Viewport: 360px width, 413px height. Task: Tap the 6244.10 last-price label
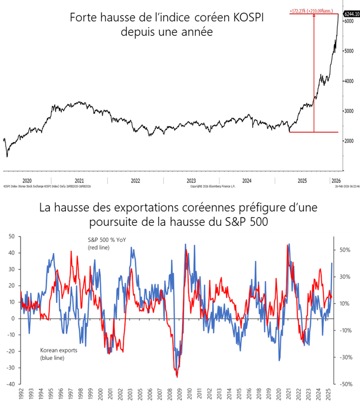tap(350, 14)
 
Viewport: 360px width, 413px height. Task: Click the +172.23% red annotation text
tap(301, 10)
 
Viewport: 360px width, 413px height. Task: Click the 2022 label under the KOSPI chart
tap(136, 180)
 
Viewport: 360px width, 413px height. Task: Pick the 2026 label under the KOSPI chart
tap(335, 180)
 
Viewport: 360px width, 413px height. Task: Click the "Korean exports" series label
tap(58, 351)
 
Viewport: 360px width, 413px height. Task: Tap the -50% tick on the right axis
tap(343, 384)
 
